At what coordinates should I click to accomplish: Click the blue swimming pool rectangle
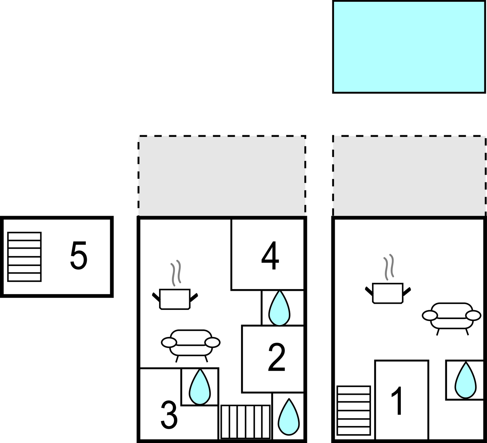(x=409, y=47)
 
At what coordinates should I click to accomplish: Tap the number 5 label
(x=79, y=255)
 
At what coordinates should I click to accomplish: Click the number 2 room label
(x=276, y=357)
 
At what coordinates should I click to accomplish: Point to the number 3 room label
(x=169, y=415)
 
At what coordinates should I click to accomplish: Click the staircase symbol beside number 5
(x=24, y=257)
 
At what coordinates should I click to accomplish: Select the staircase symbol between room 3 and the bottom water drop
(x=245, y=421)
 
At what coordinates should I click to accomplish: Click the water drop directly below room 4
(x=279, y=308)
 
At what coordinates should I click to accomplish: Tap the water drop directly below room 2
(x=289, y=417)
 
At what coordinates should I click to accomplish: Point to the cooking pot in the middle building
(x=175, y=299)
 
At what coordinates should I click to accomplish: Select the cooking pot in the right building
(x=388, y=293)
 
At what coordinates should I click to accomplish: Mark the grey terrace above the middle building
(x=222, y=176)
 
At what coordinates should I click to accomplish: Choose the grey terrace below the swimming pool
(x=409, y=176)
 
